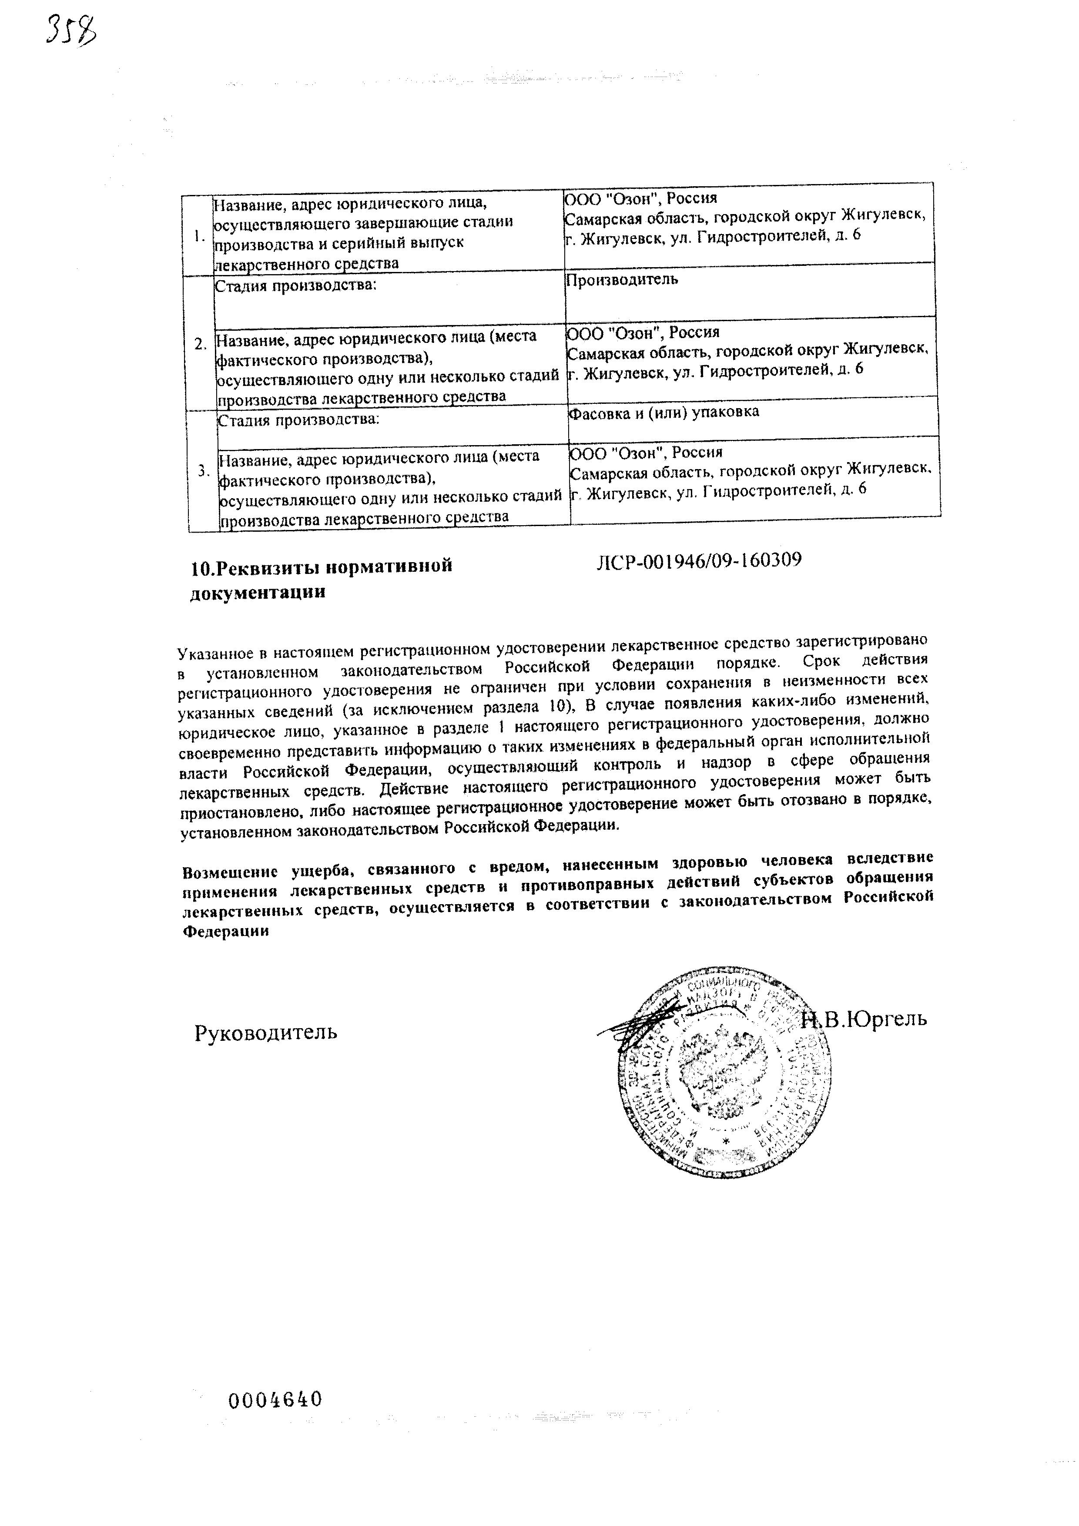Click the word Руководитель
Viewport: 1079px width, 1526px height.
266,1032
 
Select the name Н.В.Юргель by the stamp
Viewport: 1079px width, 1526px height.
863,1019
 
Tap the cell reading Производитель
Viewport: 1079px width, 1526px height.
622,279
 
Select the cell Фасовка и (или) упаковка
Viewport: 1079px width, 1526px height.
664,412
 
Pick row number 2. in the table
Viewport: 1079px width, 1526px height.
201,344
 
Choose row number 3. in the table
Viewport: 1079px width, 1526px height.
203,470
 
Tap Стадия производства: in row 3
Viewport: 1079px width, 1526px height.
298,419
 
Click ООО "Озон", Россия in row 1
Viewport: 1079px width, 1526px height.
640,199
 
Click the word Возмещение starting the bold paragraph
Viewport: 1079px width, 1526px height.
230,871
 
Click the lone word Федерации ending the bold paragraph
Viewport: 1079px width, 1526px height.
226,931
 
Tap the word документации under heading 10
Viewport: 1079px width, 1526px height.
258,593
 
